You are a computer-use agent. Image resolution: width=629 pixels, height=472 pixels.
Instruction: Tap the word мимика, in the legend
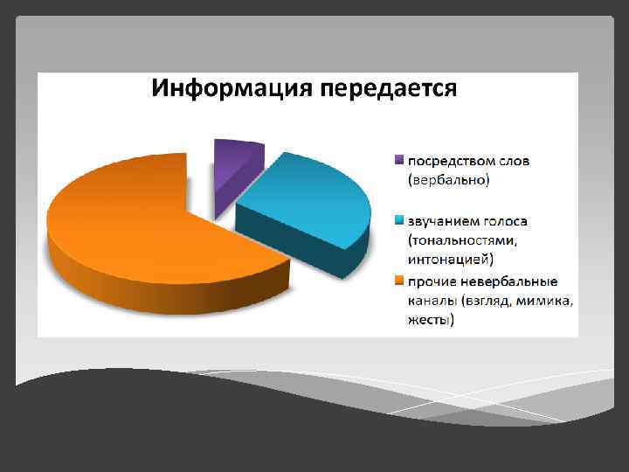[x=547, y=301]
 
